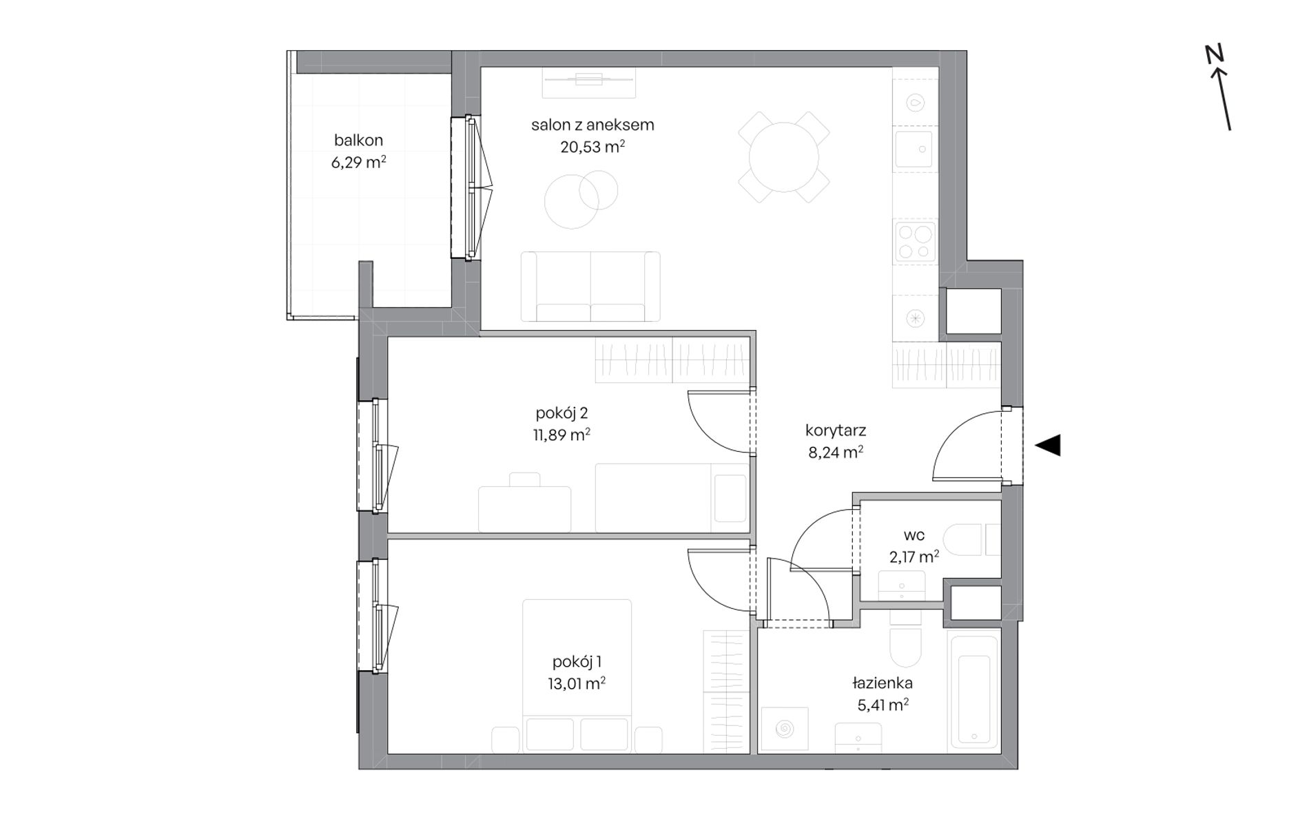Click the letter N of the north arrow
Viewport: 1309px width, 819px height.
point(1214,54)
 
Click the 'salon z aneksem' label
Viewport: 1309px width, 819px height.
point(592,125)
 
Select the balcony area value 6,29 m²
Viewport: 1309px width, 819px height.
point(358,163)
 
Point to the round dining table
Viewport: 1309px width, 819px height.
point(783,157)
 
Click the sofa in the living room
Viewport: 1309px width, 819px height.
point(590,287)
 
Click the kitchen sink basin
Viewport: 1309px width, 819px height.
point(914,149)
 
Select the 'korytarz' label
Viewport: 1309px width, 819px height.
point(835,431)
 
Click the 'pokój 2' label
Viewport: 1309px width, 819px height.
point(561,413)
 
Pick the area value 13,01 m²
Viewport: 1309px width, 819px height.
point(573,683)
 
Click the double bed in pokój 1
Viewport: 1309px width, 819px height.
point(577,676)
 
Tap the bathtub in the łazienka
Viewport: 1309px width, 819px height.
point(973,692)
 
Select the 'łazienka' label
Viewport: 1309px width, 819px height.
point(883,683)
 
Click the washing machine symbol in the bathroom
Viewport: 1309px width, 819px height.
point(784,729)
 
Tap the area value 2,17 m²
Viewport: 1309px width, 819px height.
point(914,557)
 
